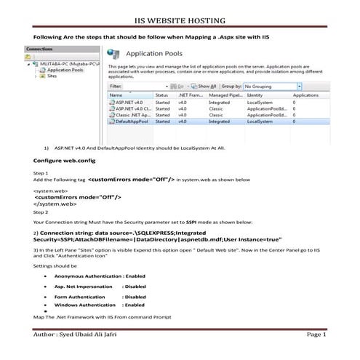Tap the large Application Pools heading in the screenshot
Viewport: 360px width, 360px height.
(x=159, y=53)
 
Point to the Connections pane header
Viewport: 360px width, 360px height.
(x=39, y=49)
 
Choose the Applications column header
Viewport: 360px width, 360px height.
(x=305, y=95)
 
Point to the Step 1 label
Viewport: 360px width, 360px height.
(x=41, y=173)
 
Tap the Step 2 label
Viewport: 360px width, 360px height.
(x=41, y=212)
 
